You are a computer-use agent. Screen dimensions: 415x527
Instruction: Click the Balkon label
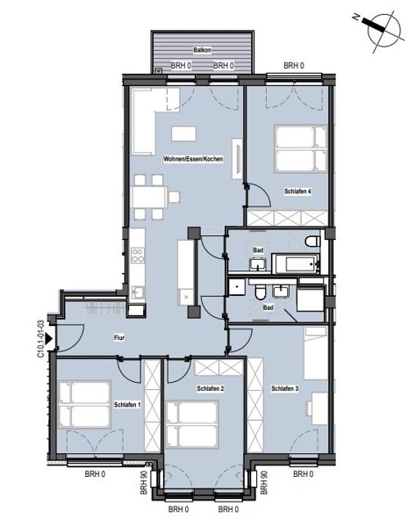click(202, 50)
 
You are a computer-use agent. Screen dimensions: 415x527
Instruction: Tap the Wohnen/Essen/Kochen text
click(193, 159)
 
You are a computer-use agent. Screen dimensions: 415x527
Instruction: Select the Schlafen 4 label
click(297, 191)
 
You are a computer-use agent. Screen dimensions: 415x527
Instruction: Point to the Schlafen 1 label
click(127, 405)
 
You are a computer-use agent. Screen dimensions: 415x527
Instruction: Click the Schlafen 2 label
click(211, 388)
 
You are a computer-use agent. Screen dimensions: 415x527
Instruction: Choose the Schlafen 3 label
click(285, 388)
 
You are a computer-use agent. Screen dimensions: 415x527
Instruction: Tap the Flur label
click(119, 338)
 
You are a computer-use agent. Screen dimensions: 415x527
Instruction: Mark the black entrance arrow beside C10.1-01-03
click(49, 339)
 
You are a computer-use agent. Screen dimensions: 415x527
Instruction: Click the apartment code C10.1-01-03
click(40, 339)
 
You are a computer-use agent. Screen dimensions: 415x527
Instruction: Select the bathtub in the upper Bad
click(296, 263)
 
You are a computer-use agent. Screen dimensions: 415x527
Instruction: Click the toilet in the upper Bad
click(313, 241)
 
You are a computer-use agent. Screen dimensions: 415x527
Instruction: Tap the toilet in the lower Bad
click(261, 292)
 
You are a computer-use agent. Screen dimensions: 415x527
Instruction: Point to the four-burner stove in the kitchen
click(138, 255)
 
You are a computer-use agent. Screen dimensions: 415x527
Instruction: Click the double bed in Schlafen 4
click(301, 148)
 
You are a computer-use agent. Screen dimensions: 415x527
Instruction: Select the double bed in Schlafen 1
click(84, 405)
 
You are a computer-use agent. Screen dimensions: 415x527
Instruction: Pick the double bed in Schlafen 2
click(192, 424)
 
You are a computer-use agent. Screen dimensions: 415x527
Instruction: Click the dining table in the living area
click(149, 197)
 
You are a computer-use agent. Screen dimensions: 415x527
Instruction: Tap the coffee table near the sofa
click(183, 134)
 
